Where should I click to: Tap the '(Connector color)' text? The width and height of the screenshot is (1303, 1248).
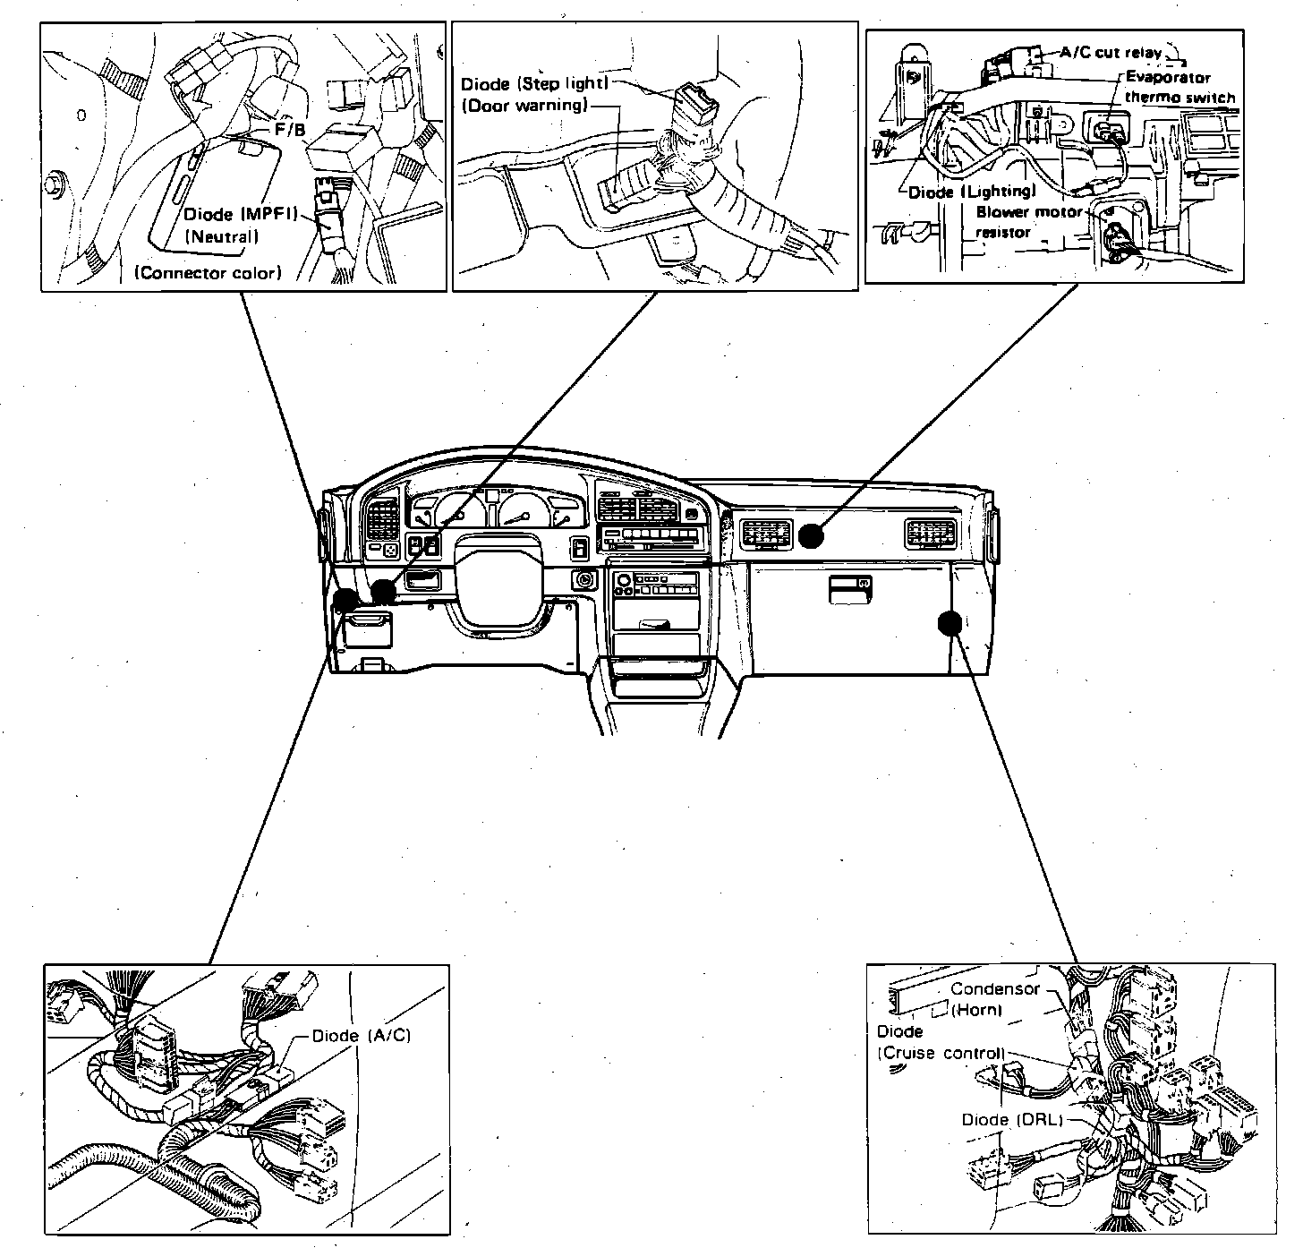208,272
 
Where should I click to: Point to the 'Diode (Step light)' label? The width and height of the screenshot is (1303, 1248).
534,84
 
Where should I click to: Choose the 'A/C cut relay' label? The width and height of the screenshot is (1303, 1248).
1111,53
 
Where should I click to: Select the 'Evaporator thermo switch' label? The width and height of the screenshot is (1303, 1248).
1180,88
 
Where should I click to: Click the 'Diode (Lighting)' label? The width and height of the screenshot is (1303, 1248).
972,192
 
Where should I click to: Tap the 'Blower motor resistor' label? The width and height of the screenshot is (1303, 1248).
1027,222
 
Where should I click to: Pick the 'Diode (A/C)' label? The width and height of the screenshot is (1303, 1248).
361,1036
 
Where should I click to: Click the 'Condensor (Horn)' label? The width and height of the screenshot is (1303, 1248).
995,999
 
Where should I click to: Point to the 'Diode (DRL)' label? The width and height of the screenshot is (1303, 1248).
1011,1120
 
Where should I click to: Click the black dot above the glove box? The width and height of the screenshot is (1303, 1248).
811,535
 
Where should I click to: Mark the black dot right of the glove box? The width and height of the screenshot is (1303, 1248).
950,622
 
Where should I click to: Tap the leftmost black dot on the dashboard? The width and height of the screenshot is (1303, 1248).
345,600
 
